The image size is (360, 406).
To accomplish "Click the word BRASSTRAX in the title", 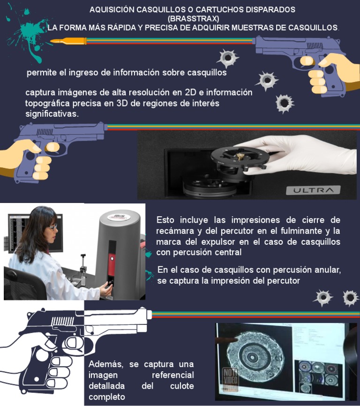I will (193, 18).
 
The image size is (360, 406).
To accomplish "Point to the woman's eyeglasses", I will (52, 227).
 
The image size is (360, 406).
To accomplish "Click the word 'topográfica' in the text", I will (47, 103).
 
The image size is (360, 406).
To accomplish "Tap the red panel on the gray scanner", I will (111, 260).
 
